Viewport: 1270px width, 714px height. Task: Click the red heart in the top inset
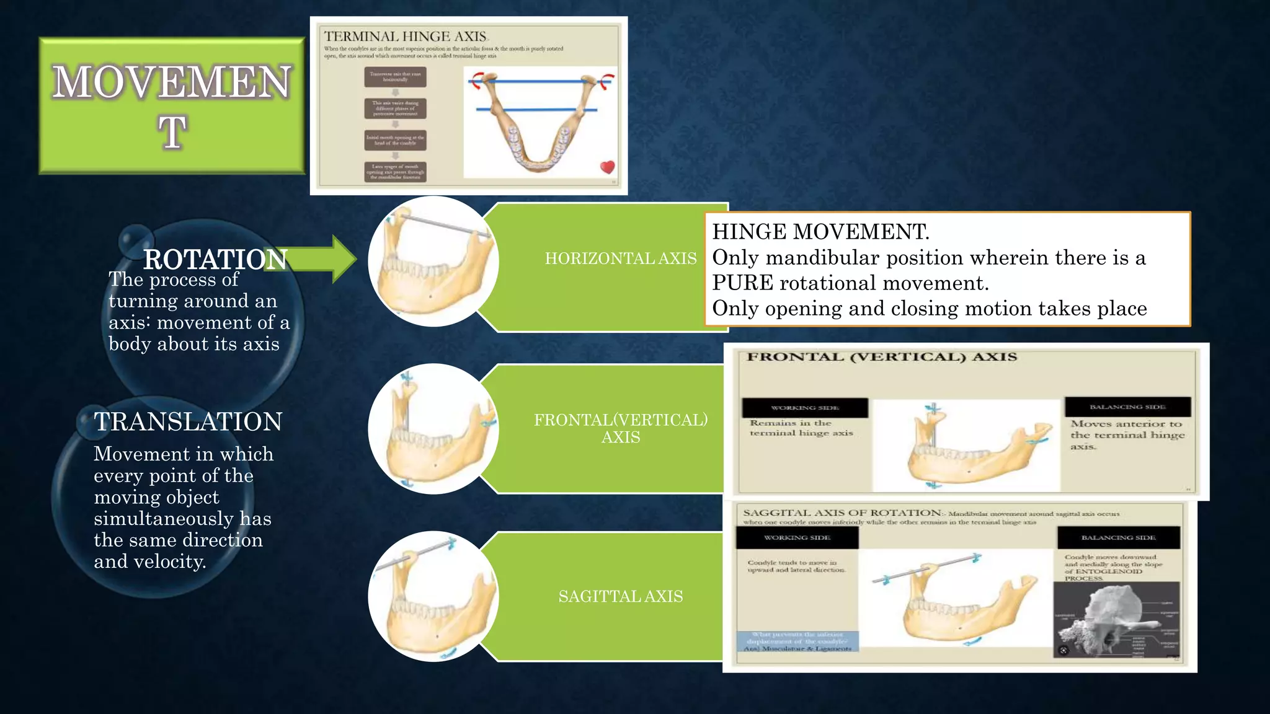click(608, 167)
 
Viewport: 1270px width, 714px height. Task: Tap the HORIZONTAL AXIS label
click(620, 258)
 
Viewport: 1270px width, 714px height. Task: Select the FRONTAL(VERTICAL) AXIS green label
click(620, 428)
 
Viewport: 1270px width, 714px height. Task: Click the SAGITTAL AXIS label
click(620, 596)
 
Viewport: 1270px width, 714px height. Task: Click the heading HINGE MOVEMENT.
click(820, 232)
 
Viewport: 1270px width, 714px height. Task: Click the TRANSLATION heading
click(188, 422)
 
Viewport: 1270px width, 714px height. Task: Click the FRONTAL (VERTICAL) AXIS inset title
click(881, 357)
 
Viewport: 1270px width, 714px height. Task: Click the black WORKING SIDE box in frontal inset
click(804, 408)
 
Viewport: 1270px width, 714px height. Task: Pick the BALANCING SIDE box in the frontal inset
click(1127, 407)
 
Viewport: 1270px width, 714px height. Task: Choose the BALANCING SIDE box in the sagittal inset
click(1118, 537)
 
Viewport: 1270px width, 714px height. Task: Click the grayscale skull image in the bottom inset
click(1116, 620)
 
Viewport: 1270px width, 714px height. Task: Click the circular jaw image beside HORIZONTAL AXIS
click(433, 262)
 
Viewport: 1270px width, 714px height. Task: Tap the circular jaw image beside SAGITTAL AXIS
click(433, 596)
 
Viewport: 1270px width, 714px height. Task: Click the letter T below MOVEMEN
click(172, 132)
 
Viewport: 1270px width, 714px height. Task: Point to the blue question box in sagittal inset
click(797, 641)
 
